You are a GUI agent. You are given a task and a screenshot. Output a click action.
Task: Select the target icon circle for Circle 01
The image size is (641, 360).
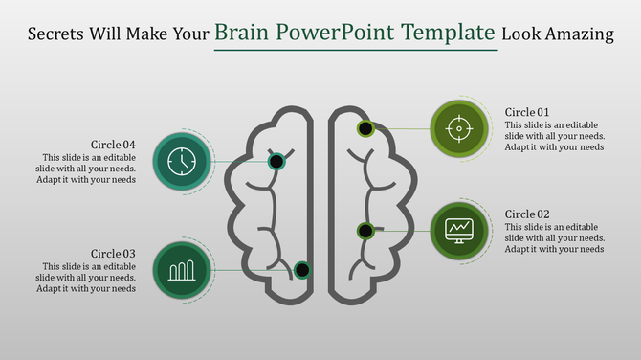tap(459, 127)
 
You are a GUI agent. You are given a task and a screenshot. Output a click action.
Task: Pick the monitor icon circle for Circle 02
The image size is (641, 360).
tap(459, 229)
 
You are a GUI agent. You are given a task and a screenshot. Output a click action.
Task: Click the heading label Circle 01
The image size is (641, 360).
tap(527, 112)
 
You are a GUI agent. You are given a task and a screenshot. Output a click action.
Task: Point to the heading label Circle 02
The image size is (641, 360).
tap(527, 214)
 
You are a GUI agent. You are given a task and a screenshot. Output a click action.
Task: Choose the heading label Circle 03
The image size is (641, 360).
tap(113, 254)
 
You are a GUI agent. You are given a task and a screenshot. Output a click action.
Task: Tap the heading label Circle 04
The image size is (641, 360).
tap(113, 145)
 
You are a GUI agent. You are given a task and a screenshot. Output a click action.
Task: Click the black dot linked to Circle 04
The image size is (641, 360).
tap(276, 161)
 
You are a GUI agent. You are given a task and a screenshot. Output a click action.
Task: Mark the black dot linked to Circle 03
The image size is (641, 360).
tap(301, 270)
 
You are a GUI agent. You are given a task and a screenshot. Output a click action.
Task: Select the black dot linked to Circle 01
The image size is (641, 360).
tap(365, 128)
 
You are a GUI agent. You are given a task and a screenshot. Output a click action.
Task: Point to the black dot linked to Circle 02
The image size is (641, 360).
tap(365, 230)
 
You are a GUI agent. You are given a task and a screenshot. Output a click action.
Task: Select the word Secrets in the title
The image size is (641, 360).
tap(57, 35)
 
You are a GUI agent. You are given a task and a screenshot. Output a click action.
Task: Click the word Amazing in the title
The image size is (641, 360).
tap(580, 35)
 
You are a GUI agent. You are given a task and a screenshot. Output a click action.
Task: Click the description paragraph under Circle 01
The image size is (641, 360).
tap(555, 136)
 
